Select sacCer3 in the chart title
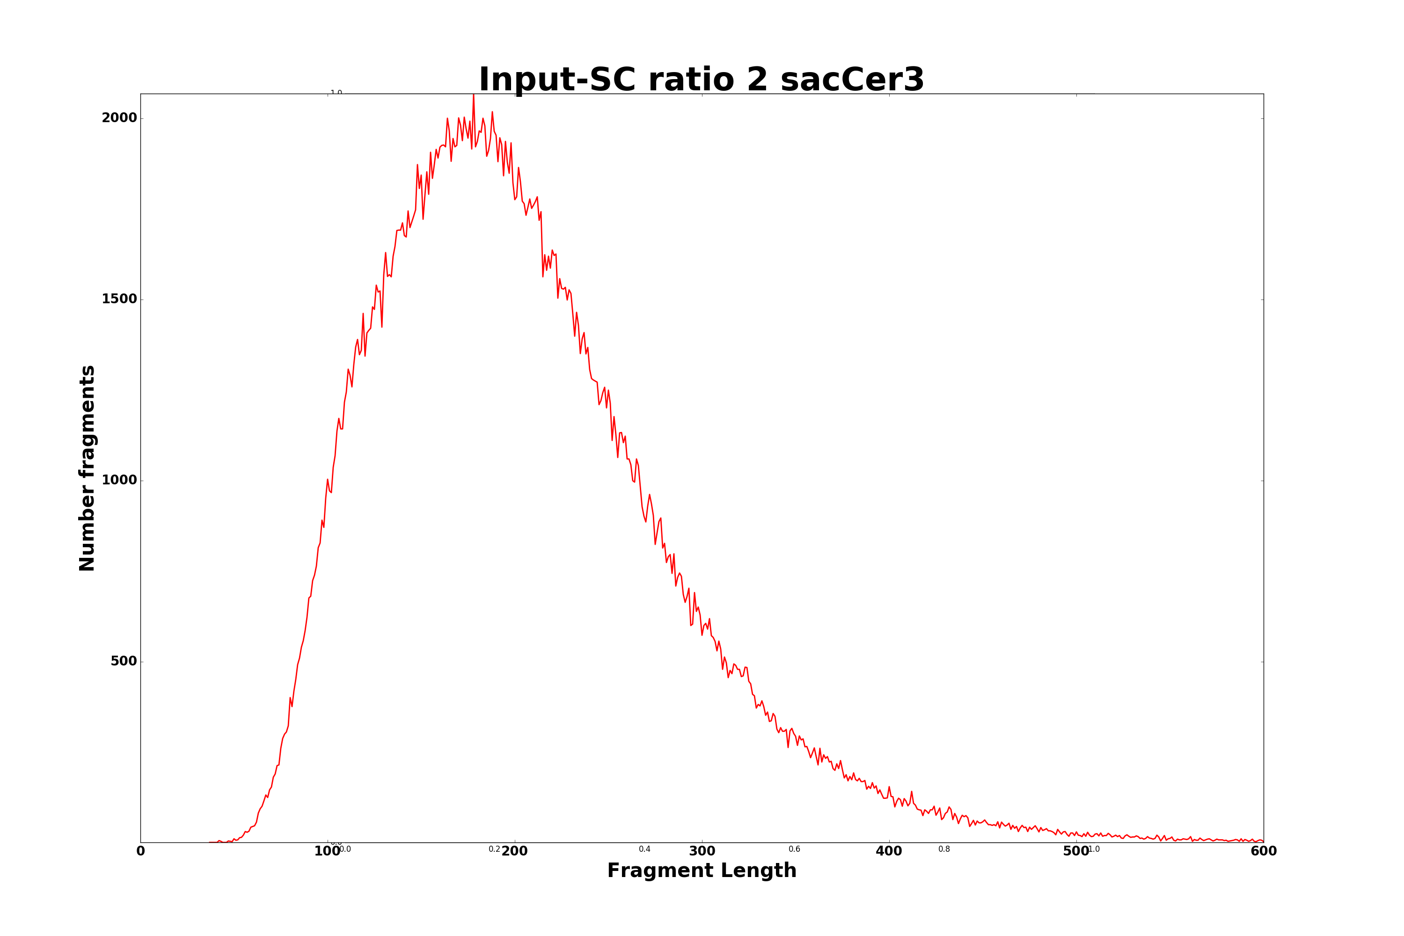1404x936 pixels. click(x=852, y=80)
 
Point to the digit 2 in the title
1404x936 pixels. click(x=758, y=80)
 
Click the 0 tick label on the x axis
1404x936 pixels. click(x=141, y=852)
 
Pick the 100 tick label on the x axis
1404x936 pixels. click(x=327, y=852)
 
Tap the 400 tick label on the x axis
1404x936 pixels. click(x=889, y=852)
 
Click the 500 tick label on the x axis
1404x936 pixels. click(x=1076, y=852)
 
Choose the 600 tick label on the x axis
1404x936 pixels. click(x=1264, y=852)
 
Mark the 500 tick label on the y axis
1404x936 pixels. click(x=124, y=661)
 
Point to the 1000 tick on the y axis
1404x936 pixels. click(x=119, y=481)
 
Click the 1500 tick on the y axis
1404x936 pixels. click(x=119, y=299)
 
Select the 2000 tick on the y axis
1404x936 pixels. click(x=119, y=118)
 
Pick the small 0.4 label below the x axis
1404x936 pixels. click(x=645, y=849)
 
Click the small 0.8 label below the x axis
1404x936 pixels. click(x=944, y=849)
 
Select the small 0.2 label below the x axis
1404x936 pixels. click(x=494, y=849)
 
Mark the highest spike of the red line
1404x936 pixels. click(x=473, y=95)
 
